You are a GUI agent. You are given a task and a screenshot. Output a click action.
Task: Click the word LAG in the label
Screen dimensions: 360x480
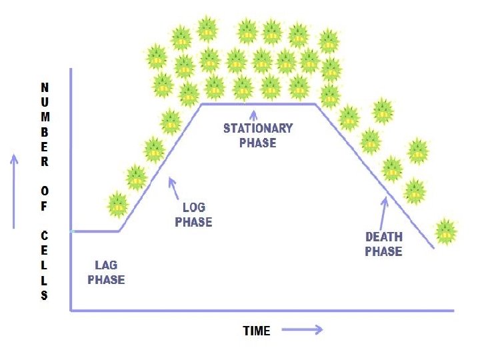point(106,265)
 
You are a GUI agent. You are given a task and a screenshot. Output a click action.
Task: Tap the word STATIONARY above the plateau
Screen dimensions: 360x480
point(257,128)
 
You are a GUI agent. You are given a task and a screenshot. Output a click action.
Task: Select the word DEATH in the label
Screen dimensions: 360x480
point(384,237)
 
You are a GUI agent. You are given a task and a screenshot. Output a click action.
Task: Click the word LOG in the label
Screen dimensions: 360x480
point(193,208)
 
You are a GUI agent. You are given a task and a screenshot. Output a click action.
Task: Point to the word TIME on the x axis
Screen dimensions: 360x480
point(257,331)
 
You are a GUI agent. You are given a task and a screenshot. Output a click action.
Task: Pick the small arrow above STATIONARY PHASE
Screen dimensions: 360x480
point(253,115)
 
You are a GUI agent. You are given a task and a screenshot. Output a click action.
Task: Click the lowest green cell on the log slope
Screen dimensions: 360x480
point(117,204)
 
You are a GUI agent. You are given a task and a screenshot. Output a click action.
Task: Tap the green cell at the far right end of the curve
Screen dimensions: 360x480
point(445,232)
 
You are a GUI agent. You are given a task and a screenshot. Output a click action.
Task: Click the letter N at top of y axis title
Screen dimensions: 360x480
point(44,87)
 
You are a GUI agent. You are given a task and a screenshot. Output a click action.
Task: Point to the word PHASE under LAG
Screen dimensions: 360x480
point(106,279)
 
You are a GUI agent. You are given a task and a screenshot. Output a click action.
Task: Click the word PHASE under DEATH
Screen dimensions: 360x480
point(383,251)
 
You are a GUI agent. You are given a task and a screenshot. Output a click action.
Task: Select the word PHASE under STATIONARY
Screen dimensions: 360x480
point(257,142)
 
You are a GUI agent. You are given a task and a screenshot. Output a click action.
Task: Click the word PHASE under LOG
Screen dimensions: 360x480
point(193,222)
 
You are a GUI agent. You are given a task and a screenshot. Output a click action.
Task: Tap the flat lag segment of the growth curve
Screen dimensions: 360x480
point(95,231)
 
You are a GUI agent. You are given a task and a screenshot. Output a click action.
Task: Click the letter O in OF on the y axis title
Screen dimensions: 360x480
point(44,191)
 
